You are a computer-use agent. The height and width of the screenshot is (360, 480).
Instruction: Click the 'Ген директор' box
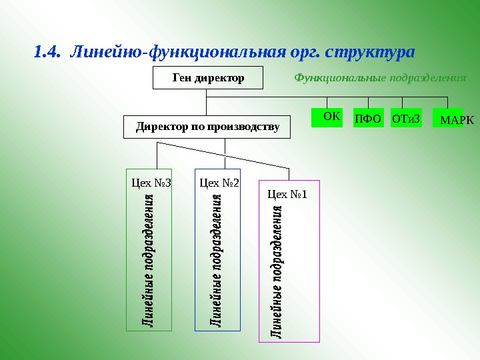(209, 78)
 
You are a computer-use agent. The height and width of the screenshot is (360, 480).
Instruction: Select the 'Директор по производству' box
(207, 127)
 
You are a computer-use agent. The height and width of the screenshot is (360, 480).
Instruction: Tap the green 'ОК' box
(327, 117)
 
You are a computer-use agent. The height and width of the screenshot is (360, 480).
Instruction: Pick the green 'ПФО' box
(368, 119)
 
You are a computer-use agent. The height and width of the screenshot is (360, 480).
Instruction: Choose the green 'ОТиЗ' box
(407, 119)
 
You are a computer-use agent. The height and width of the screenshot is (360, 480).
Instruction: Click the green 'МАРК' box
(449, 119)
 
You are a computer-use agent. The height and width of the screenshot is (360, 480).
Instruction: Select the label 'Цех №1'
(287, 195)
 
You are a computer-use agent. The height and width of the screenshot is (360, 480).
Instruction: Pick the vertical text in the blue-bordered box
(217, 260)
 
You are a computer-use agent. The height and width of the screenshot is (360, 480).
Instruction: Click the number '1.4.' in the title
(47, 51)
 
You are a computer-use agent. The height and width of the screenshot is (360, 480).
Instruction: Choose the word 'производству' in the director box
(243, 127)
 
